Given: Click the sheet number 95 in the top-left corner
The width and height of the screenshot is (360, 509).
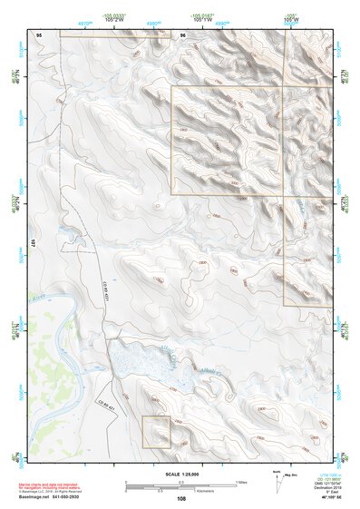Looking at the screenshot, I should pyautogui.click(x=39, y=34).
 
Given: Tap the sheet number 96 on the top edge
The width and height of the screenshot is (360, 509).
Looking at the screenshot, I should pyautogui.click(x=182, y=34).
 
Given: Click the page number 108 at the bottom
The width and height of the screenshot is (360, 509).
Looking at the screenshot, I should pyautogui.click(x=181, y=498).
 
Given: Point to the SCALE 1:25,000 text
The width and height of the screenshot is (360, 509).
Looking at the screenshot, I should pyautogui.click(x=180, y=474).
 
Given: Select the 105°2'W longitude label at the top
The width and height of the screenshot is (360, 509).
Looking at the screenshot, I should pyautogui.click(x=139, y=20).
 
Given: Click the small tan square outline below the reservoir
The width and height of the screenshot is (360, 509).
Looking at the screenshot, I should pyautogui.click(x=155, y=431).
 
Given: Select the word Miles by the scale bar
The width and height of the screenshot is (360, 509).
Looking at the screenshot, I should pyautogui.click(x=241, y=481).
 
